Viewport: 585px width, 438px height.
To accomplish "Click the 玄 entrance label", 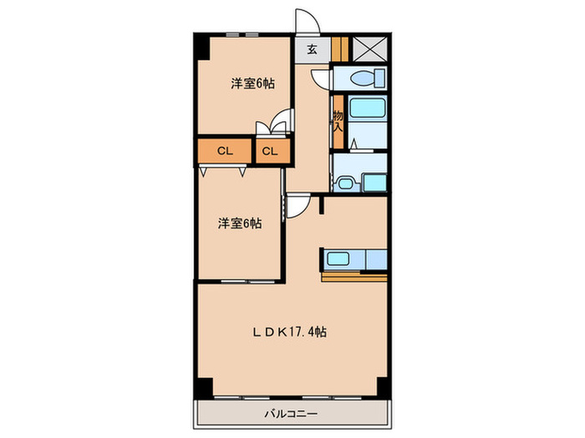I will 311,49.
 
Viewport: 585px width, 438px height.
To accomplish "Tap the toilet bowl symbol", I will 364,78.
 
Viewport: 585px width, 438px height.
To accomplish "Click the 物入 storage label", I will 338,121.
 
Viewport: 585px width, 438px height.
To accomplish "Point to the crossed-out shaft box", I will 368,48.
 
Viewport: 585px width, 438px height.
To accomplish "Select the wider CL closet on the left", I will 224,151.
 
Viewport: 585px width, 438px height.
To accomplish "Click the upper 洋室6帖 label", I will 253,83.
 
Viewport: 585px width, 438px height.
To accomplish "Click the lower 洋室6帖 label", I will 241,224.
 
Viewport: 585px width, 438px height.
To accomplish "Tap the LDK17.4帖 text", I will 290,332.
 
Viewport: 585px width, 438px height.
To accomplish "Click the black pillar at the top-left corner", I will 201,46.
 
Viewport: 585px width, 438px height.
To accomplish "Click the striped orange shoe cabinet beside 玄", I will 338,48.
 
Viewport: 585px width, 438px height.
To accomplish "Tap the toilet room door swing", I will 321,79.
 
